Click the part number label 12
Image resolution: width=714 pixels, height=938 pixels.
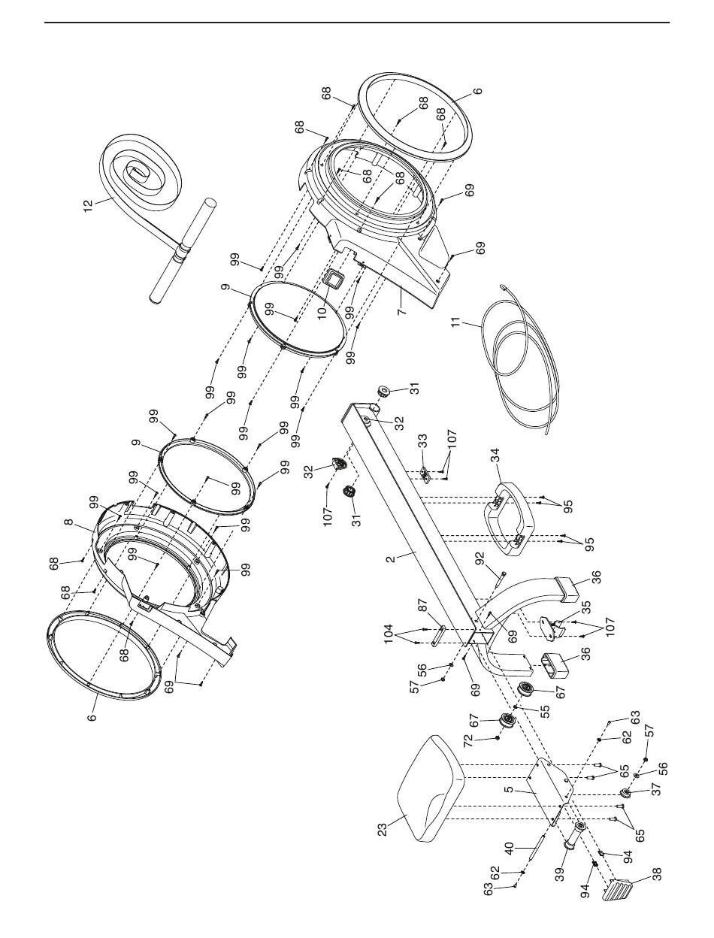(89, 207)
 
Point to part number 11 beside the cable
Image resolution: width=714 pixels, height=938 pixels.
(457, 322)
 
